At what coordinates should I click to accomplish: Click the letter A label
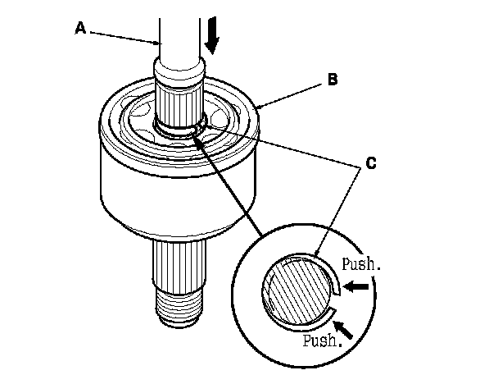[80, 28]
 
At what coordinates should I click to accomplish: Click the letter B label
[333, 80]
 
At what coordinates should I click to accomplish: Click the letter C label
[371, 162]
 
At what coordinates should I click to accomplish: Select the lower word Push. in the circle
[320, 340]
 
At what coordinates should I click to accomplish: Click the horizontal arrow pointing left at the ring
[357, 287]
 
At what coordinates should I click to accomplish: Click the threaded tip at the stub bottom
[178, 308]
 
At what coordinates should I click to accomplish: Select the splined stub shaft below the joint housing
[178, 263]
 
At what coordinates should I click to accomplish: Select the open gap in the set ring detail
[333, 300]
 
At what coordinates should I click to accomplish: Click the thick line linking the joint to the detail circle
[233, 185]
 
